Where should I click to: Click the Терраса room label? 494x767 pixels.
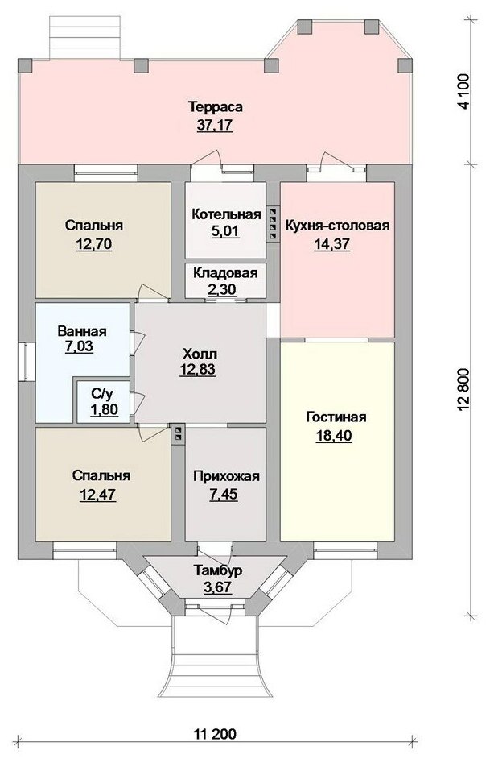pyautogui.click(x=216, y=106)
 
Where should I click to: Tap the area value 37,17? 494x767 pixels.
pyautogui.click(x=215, y=125)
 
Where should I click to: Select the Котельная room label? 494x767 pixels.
pyautogui.click(x=226, y=214)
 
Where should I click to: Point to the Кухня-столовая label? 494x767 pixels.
pyautogui.click(x=337, y=226)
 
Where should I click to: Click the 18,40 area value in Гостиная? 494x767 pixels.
pyautogui.click(x=334, y=435)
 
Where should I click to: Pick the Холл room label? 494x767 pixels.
pyautogui.click(x=200, y=353)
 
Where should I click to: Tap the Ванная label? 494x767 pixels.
pyautogui.click(x=82, y=331)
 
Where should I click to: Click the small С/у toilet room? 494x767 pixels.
pyautogui.click(x=104, y=402)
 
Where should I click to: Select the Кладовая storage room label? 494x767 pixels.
pyautogui.click(x=225, y=272)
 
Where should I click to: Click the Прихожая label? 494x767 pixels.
pyautogui.click(x=226, y=476)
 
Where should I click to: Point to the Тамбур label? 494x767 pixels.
pyautogui.click(x=218, y=570)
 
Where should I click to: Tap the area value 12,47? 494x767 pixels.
pyautogui.click(x=97, y=494)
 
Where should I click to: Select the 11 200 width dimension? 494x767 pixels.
pyautogui.click(x=215, y=734)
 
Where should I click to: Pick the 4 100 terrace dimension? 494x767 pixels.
pyautogui.click(x=463, y=92)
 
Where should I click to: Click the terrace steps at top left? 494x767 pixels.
pyautogui.click(x=85, y=38)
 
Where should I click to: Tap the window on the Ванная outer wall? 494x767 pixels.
pyautogui.click(x=25, y=361)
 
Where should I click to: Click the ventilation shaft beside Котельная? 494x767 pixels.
pyautogui.click(x=273, y=223)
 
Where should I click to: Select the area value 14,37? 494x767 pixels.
pyautogui.click(x=331, y=243)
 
